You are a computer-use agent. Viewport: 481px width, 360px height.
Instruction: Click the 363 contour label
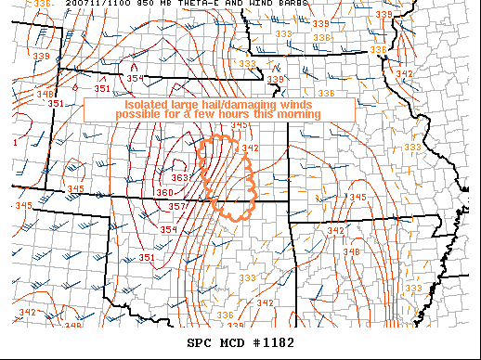(180, 177)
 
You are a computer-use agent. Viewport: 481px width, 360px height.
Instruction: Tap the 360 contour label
(164, 192)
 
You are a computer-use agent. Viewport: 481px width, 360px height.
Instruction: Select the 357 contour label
(177, 205)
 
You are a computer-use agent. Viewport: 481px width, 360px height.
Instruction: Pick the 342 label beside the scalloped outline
(249, 148)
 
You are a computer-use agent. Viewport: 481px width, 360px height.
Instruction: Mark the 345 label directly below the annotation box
(239, 125)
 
